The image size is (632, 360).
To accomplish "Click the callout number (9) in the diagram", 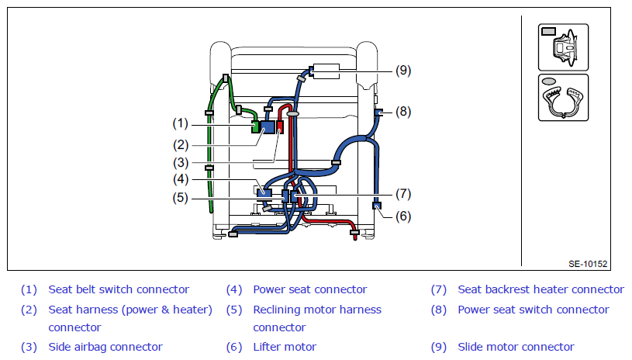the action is [403, 71].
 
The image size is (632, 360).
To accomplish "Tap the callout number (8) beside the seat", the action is [403, 111].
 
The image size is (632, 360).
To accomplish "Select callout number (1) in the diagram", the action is [180, 123].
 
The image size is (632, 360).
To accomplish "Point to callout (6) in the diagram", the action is [403, 216].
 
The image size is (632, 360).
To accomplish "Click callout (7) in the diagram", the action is [403, 194].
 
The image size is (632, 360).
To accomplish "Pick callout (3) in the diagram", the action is [181, 163].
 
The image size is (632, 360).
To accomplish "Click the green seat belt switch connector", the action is [255, 126].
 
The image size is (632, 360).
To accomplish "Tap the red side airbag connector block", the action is [280, 126].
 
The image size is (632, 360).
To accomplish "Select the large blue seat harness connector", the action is [268, 127].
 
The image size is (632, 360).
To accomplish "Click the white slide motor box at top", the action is [326, 71].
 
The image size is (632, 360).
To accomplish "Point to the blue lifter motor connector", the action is [376, 206].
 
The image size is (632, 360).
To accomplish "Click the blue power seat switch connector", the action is [378, 112].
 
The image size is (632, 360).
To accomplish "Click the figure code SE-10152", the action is [588, 264].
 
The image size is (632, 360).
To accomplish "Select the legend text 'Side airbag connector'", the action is [105, 347].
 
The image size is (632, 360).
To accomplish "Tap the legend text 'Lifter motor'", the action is [285, 347].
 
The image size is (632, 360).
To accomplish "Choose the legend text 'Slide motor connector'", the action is [516, 347].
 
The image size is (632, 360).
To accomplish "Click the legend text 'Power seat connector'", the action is [310, 289].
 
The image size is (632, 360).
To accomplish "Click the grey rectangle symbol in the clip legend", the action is [548, 32].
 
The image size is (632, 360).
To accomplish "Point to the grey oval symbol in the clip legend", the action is [548, 81].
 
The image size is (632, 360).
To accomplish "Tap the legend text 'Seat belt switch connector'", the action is [119, 289].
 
